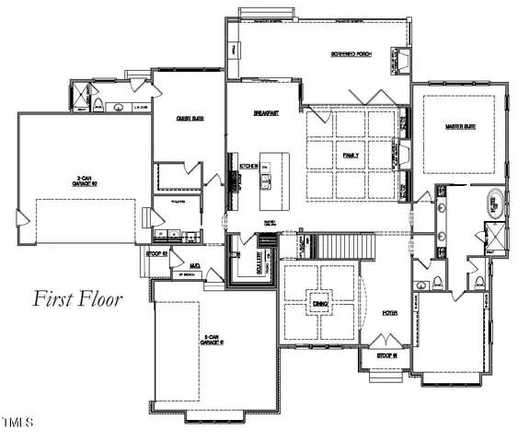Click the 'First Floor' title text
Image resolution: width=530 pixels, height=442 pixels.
point(78,298)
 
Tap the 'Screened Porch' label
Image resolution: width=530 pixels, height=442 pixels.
point(350,53)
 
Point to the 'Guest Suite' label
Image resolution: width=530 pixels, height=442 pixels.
point(190,118)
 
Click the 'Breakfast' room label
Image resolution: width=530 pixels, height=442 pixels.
point(266,111)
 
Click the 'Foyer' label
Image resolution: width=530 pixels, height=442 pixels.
point(389,314)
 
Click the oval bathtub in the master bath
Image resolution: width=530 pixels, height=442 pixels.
point(493,204)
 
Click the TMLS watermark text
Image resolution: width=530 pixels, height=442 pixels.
point(17,424)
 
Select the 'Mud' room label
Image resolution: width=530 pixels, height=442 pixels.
point(195,265)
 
